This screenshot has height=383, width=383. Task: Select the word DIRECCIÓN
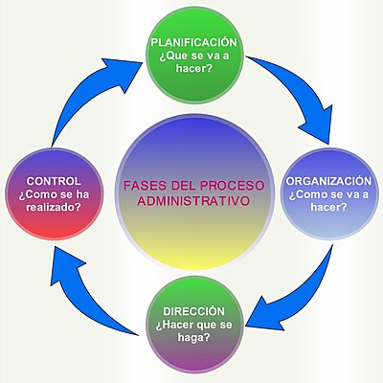tap(194, 311)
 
